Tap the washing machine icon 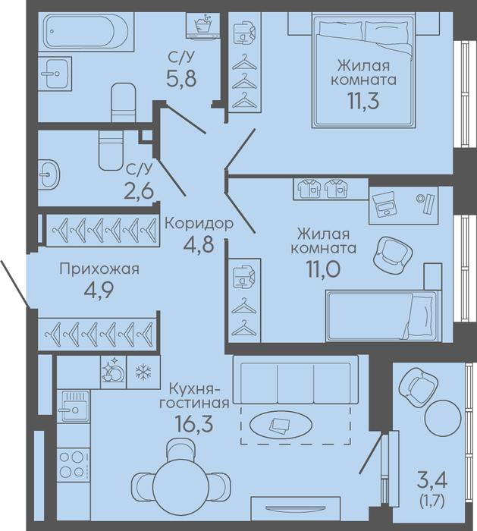(202, 25)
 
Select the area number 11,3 (363, 101)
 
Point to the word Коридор (199, 224)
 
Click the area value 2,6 (139, 191)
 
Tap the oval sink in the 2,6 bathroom (49, 174)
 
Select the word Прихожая (99, 269)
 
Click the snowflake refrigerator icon (143, 372)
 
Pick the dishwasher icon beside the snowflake (114, 372)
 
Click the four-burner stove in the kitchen (73, 464)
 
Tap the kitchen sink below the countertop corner (73, 406)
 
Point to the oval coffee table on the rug (281, 423)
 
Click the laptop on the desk (384, 204)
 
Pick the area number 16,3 (193, 423)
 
